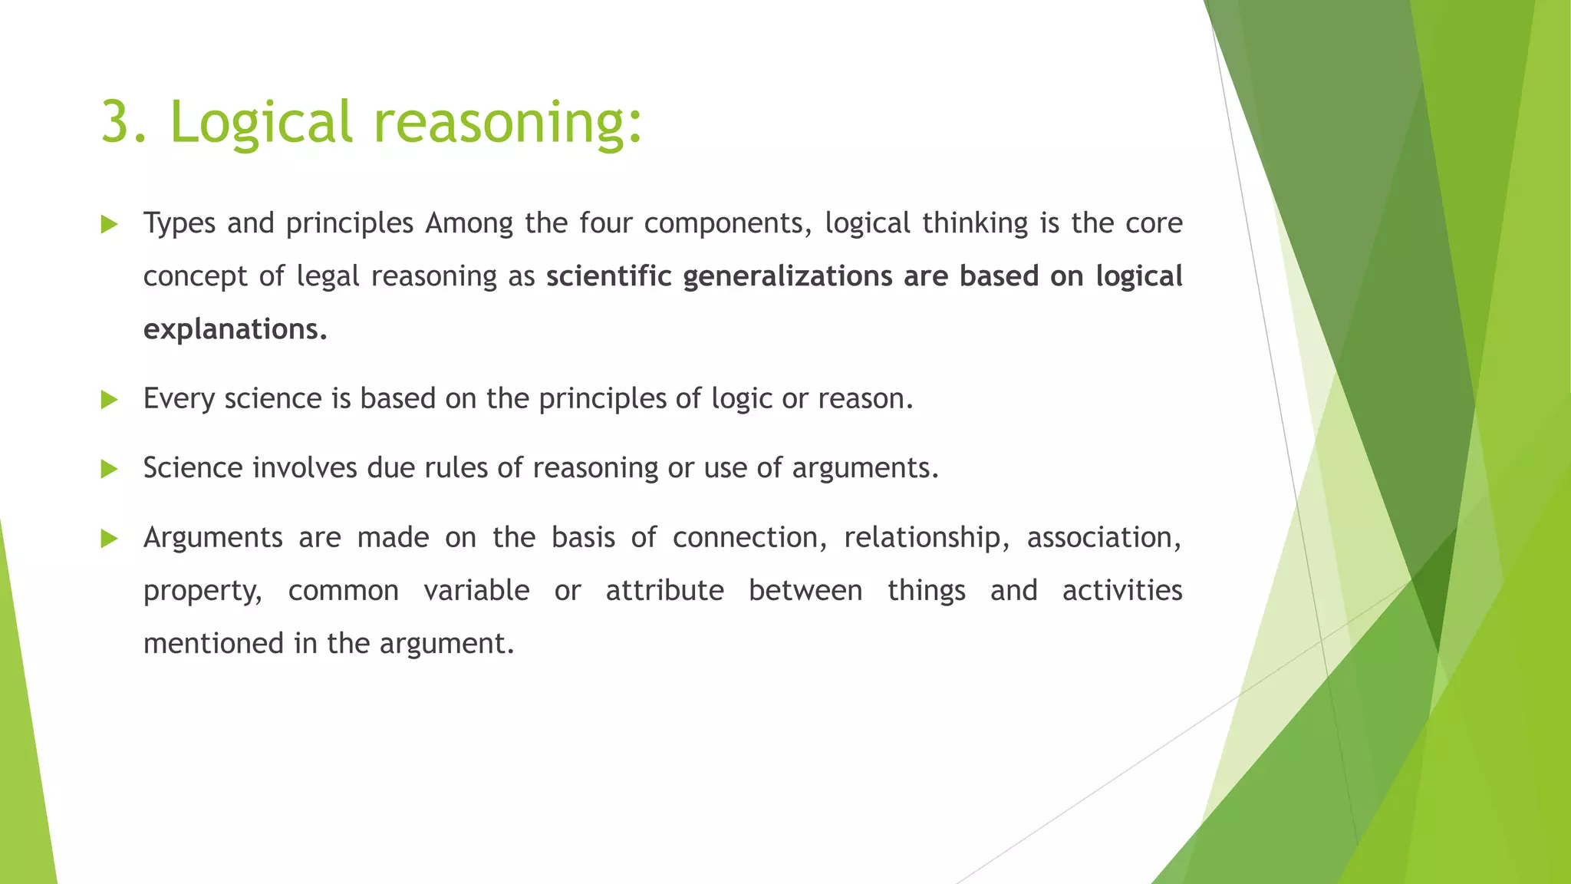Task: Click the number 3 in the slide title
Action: tap(117, 123)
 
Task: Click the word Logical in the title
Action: tap(260, 123)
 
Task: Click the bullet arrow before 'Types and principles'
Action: tap(109, 225)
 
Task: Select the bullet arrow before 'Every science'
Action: tap(109, 400)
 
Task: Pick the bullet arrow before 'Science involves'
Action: tap(109, 469)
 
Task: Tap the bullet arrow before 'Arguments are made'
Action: tap(109, 539)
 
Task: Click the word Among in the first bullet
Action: tap(469, 223)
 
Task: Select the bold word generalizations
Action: tap(787, 277)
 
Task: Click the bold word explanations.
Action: tap(235, 330)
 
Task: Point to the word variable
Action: tap(476, 591)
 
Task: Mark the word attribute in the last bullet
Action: tap(664, 591)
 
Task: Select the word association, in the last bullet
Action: tap(1104, 538)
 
